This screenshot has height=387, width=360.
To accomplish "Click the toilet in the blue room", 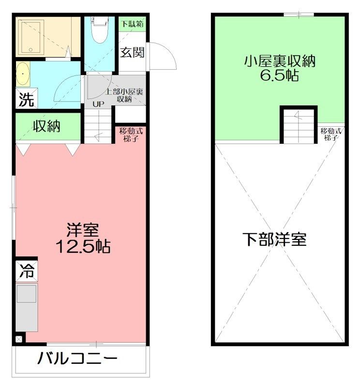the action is tap(99, 30).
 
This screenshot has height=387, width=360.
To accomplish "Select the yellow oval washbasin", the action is tap(23, 74).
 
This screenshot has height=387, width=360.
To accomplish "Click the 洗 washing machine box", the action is tap(27, 99).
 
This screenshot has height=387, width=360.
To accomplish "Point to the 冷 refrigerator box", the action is tap(27, 271).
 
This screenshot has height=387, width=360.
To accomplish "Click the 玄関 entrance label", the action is tap(133, 52).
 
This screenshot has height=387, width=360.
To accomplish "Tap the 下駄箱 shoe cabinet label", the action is tap(132, 24).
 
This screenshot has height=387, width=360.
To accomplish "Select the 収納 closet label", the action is tap(47, 126).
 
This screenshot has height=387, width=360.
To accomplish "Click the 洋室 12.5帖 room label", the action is tap(83, 238).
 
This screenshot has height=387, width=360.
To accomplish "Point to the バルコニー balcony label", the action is tap(77, 358).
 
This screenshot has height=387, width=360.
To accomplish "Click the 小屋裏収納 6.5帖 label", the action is tap(280, 68).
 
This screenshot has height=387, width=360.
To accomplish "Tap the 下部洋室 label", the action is tap(274, 239).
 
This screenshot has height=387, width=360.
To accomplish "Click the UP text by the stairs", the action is tap(98, 104).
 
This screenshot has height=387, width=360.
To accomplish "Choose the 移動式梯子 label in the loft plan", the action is tap(331, 134).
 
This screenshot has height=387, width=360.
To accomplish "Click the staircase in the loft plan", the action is tap(299, 126).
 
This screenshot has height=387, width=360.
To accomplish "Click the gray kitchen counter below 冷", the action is tap(27, 308).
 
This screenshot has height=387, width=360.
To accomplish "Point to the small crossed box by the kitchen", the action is tap(19, 339).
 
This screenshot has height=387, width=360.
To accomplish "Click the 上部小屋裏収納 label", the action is tap(124, 95).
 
